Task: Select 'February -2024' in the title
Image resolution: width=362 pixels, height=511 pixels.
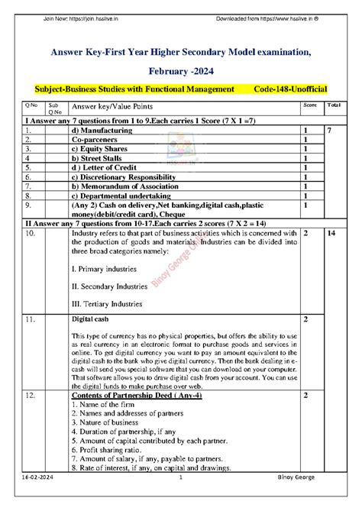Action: pyautogui.click(x=180, y=69)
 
